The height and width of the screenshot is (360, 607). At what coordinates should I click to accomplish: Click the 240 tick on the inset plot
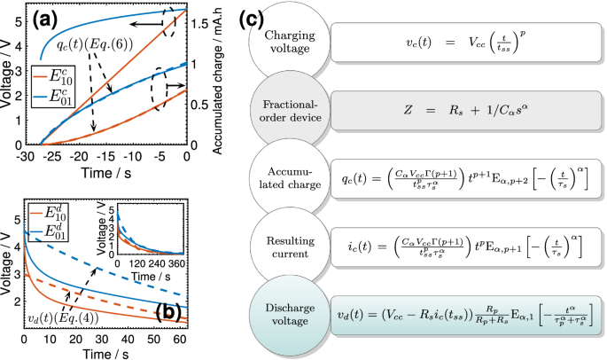(x=155, y=265)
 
